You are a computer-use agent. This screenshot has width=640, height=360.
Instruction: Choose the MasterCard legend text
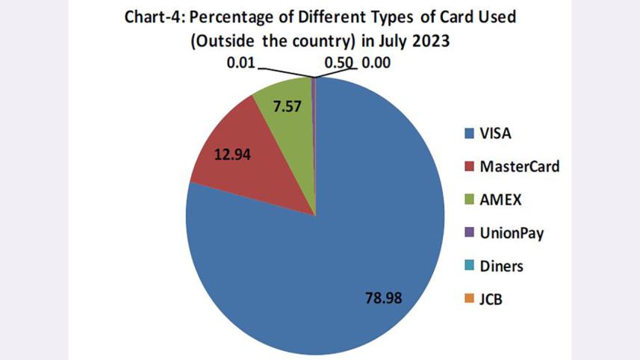(519, 167)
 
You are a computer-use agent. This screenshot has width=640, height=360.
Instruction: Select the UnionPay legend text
(512, 233)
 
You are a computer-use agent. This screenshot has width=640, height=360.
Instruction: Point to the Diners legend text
(502, 266)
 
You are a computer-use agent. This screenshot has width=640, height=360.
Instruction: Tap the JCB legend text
(492, 300)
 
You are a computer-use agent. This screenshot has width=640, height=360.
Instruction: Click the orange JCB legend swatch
(469, 300)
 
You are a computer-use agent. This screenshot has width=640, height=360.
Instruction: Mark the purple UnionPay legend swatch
(469, 233)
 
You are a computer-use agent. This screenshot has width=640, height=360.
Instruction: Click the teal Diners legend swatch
(469, 267)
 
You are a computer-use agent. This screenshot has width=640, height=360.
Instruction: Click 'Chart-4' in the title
(150, 16)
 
